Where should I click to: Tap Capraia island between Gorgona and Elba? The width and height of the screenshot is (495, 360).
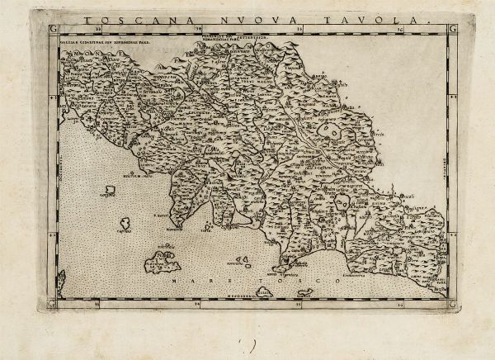(125, 223)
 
